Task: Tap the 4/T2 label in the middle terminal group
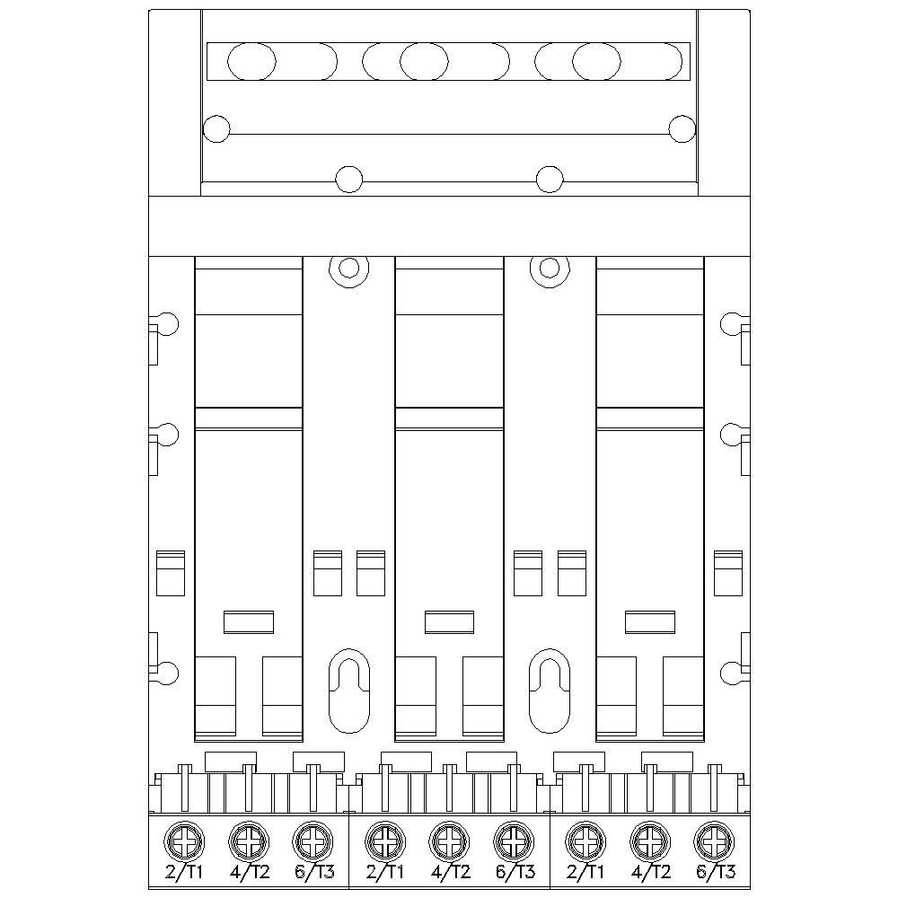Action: [450, 872]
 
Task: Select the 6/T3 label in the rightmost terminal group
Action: [717, 872]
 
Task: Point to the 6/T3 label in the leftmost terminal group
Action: [314, 872]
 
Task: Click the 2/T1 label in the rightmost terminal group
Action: [585, 872]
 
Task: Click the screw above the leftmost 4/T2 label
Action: [250, 841]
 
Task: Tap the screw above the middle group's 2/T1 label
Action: [385, 841]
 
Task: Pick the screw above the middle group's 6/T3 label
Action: [515, 841]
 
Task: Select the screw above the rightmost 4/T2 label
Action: [650, 841]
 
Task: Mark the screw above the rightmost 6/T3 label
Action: [715, 841]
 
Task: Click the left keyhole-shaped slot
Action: [349, 687]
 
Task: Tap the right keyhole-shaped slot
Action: [550, 687]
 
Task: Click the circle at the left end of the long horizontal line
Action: [216, 128]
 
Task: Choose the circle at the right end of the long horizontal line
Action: [682, 128]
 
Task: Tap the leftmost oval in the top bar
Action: [251, 61]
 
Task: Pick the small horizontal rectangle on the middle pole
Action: [449, 621]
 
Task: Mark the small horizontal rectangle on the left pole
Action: [248, 621]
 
